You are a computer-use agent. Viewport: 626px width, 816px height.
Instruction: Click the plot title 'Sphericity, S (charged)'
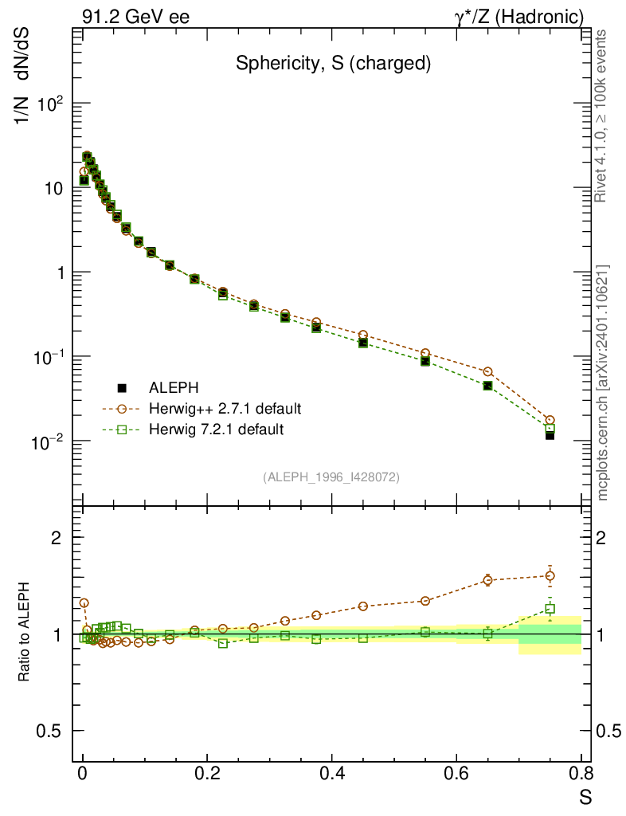click(333, 65)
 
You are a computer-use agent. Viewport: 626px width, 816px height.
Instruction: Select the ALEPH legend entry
click(169, 388)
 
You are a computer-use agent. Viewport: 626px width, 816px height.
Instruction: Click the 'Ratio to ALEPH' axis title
click(25, 634)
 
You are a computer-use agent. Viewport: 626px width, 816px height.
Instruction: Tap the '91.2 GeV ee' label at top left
click(135, 17)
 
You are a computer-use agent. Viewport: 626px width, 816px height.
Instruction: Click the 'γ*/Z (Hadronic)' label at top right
click(520, 17)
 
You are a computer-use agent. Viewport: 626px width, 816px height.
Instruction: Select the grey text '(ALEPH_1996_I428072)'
click(331, 477)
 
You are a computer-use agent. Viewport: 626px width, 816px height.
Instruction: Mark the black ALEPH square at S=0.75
click(550, 435)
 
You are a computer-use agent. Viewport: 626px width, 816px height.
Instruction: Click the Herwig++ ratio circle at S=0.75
click(550, 575)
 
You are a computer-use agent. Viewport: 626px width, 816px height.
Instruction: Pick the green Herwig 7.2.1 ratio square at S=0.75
click(550, 609)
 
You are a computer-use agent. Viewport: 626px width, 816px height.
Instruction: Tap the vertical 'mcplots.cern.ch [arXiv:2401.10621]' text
click(603, 382)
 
